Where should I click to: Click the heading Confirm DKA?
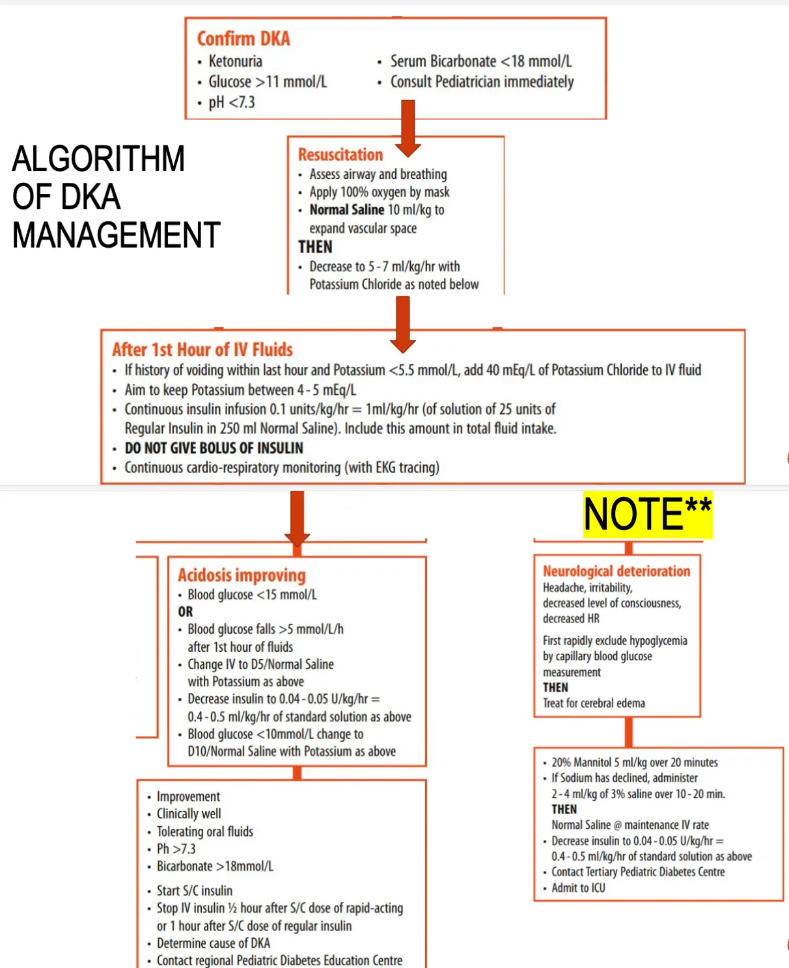click(x=243, y=39)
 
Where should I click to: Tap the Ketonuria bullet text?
click(x=235, y=62)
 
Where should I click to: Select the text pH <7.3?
click(x=231, y=103)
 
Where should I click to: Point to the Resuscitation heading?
click(x=340, y=155)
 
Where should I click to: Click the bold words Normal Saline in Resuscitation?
click(x=347, y=210)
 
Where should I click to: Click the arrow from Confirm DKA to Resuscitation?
click(x=408, y=128)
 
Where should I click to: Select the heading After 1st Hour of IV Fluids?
click(x=202, y=350)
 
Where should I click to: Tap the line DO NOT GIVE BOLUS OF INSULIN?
click(x=214, y=448)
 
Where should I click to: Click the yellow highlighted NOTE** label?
click(x=647, y=515)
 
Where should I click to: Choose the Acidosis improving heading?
click(x=242, y=576)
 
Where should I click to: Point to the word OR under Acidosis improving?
click(x=186, y=612)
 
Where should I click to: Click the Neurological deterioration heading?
click(x=616, y=571)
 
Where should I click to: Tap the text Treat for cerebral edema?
click(x=594, y=703)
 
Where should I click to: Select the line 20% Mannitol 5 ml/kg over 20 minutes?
click(x=634, y=762)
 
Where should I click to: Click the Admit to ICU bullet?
click(x=578, y=888)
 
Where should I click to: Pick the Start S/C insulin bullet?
click(x=194, y=891)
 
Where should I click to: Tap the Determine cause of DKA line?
click(x=213, y=943)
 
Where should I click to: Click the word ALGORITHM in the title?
click(x=98, y=159)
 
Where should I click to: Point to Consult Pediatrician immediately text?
click(x=482, y=83)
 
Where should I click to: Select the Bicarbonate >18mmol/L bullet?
click(x=215, y=867)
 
